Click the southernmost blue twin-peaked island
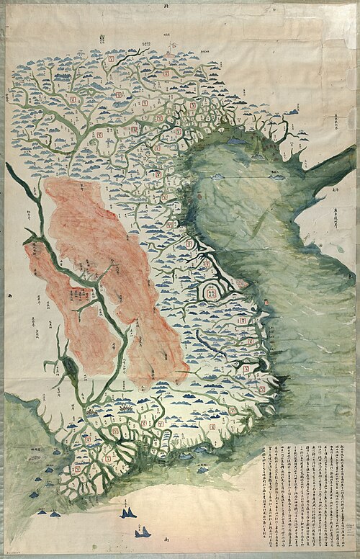(143, 532)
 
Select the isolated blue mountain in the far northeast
(294, 112)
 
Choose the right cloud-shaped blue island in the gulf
(276, 173)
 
